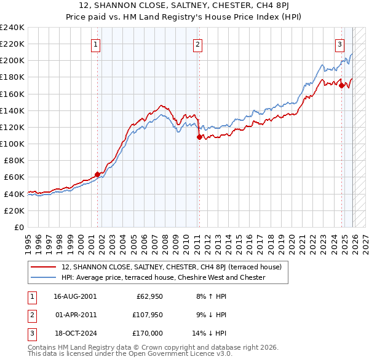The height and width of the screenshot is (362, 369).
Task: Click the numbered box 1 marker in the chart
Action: (x=97, y=44)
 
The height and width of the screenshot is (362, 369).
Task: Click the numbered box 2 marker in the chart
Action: (x=197, y=44)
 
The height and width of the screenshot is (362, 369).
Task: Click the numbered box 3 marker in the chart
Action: (x=339, y=44)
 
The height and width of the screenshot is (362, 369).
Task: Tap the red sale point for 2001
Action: (x=97, y=174)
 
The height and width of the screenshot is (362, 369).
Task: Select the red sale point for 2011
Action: (x=199, y=137)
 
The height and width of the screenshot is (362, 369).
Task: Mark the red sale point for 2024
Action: (x=341, y=85)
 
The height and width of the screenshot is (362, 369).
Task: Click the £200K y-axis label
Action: (x=12, y=61)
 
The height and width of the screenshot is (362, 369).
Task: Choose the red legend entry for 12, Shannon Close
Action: (x=172, y=267)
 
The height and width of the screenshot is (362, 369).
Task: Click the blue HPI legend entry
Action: (x=163, y=277)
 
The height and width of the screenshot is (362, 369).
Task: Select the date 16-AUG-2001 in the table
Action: (x=75, y=296)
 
